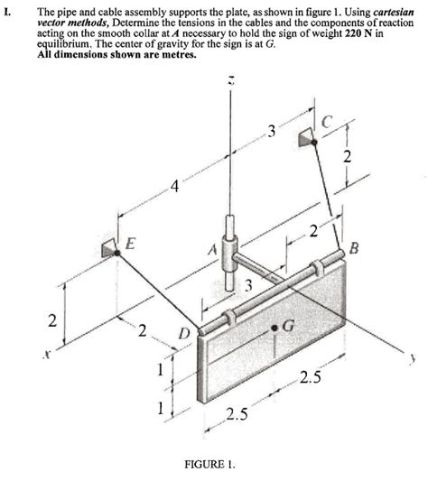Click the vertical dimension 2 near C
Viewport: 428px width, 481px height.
coord(345,158)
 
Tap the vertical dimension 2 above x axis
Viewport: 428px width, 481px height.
coord(51,320)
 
